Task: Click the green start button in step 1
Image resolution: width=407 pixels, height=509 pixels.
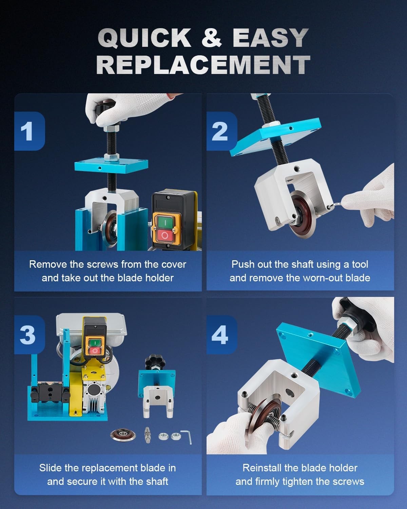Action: tap(165, 222)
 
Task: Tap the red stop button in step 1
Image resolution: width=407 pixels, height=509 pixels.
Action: tap(165, 235)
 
